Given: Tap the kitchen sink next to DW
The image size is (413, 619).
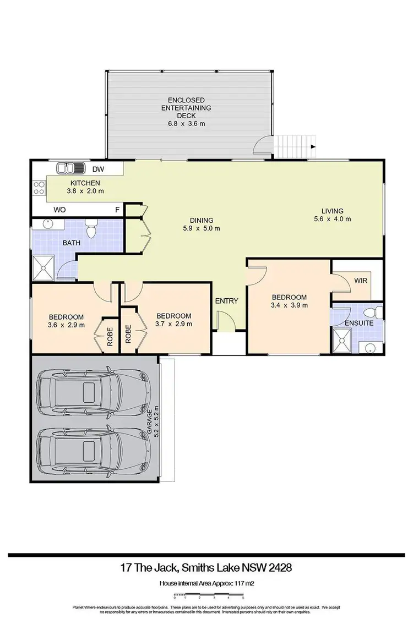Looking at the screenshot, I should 69,169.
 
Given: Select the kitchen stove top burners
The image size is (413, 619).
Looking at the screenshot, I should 40,189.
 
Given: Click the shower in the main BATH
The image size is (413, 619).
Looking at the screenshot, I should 43,269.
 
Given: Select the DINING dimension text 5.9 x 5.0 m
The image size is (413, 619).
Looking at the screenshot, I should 202,228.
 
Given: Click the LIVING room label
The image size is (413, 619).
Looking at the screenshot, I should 333,211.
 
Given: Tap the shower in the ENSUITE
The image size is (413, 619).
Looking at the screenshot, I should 342,341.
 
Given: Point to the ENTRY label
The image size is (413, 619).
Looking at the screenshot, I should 226,301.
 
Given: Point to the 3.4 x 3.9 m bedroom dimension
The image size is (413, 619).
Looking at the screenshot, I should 289,305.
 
